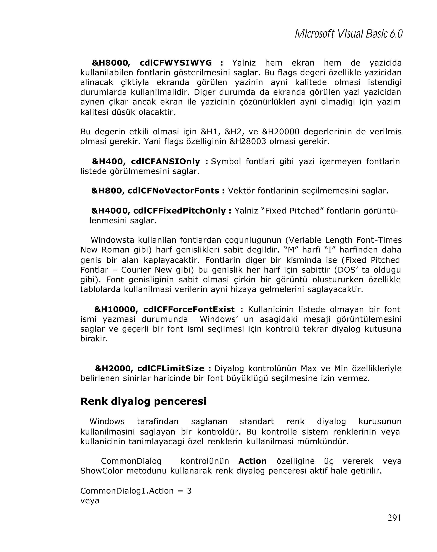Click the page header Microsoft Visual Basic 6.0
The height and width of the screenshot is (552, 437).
348,34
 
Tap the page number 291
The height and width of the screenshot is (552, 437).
394,518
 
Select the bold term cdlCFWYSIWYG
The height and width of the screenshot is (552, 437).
176,63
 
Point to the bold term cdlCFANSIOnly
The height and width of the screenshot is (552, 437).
165,161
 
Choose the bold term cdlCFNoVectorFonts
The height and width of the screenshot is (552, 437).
173,191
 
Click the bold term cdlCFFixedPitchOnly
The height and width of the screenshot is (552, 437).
179,211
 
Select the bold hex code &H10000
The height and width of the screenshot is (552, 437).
116,310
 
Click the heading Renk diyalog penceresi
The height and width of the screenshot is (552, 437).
143,401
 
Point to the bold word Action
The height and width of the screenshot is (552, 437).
252,461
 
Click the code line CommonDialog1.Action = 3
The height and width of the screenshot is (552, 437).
136,491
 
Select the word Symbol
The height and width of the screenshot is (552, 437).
226,161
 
